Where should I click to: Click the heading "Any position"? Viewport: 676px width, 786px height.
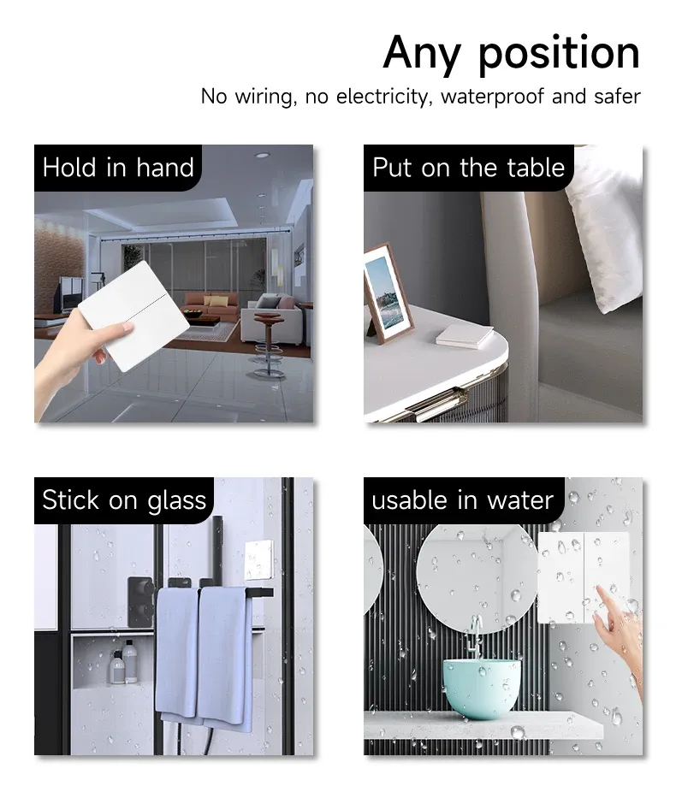tap(512, 53)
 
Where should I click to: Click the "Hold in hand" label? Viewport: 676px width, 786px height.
tap(118, 168)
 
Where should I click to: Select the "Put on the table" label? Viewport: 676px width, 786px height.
tap(468, 168)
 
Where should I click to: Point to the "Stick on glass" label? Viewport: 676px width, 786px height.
tap(124, 500)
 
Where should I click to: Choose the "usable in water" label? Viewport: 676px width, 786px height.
tap(462, 500)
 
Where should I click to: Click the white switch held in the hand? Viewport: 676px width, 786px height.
tap(133, 316)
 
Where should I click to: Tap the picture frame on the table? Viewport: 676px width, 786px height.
tap(387, 293)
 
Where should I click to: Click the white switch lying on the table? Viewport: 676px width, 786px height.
tap(465, 336)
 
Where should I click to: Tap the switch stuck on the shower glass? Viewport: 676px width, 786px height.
tap(258, 560)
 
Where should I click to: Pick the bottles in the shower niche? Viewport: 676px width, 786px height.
tap(123, 662)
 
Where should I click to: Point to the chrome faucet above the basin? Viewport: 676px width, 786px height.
tap(474, 635)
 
